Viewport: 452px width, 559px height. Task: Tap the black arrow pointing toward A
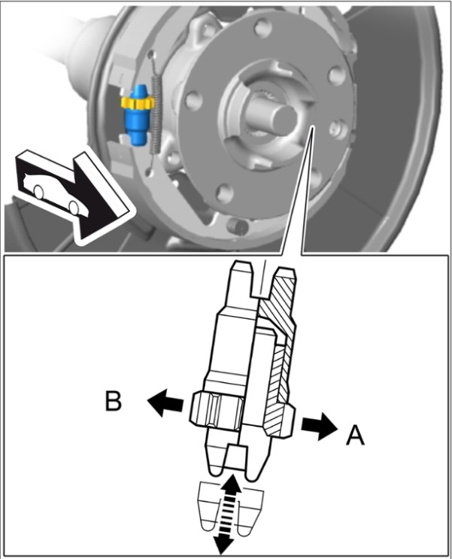(x=318, y=426)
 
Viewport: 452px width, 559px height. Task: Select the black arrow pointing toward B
(x=165, y=403)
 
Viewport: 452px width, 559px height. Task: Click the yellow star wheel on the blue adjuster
(x=138, y=101)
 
